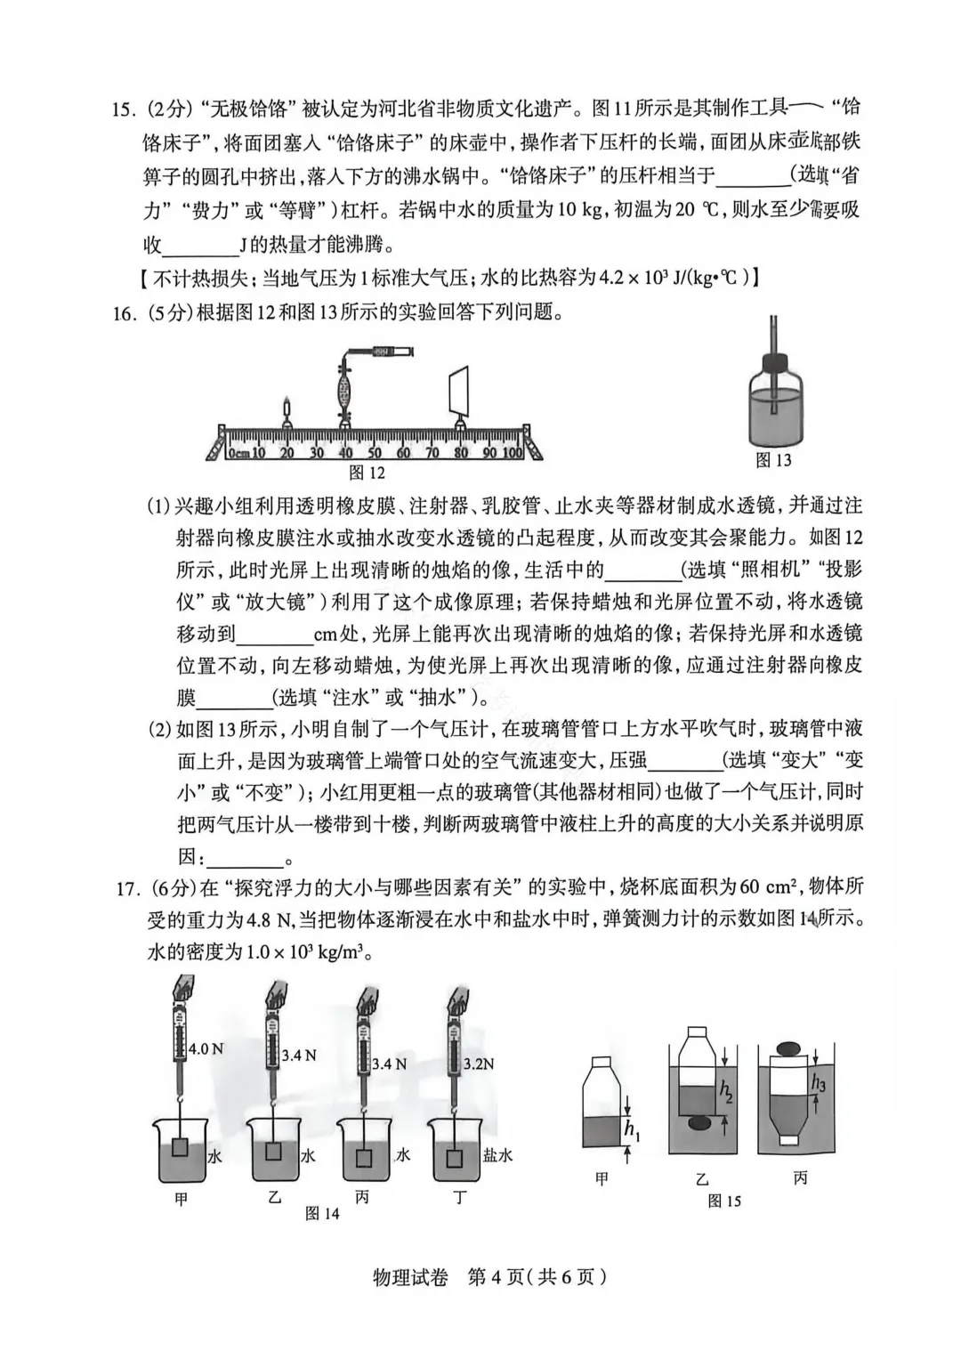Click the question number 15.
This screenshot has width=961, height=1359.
tap(123, 109)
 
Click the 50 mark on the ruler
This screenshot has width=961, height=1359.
tap(374, 453)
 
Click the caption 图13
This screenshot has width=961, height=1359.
tap(773, 460)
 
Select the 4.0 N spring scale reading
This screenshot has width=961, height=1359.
tap(206, 1049)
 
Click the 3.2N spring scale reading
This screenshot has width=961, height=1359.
tap(479, 1064)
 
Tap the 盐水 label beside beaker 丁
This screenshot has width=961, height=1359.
tap(497, 1155)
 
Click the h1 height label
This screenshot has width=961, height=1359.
tap(631, 1130)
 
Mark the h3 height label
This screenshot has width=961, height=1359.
tap(818, 1083)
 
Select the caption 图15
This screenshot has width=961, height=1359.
tap(723, 1201)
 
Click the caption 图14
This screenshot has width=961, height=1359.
tap(321, 1214)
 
